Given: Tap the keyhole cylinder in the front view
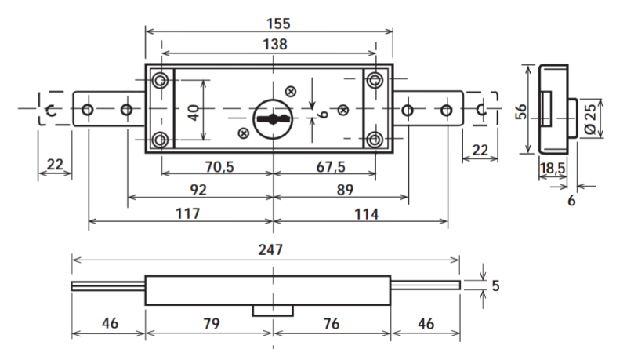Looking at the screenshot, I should coord(271,118).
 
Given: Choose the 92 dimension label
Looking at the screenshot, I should coord(198,190).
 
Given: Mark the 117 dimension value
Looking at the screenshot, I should coord(189,213).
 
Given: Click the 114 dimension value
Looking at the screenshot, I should coord(362,213).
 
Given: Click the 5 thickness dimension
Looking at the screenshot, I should coord(495,285).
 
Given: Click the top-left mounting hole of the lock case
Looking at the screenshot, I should coord(161,80).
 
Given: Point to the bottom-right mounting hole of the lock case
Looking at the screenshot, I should coord(375,140).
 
